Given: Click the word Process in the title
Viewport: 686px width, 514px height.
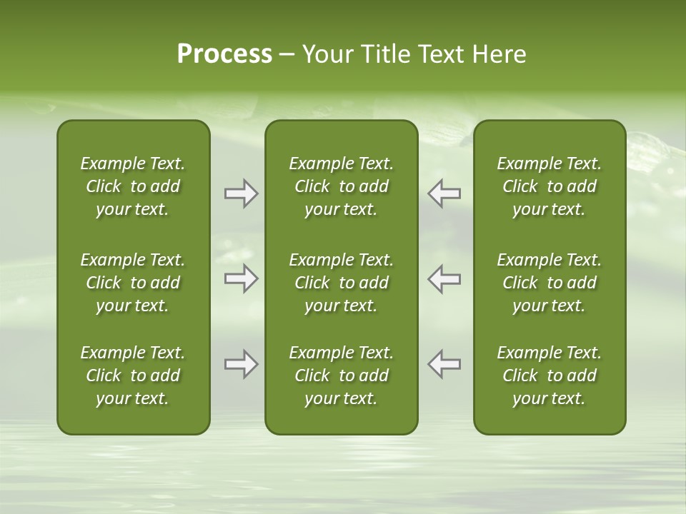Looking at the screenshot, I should (x=224, y=54).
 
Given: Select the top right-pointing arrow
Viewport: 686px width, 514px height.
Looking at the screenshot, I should (x=241, y=193).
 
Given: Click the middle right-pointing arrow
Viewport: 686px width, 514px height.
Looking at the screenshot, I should (x=241, y=278).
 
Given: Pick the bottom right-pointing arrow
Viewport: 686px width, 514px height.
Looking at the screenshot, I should (x=241, y=364).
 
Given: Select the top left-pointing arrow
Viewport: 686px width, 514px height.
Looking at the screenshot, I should (x=444, y=193).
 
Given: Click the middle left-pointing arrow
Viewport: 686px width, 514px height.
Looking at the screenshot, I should (x=444, y=278).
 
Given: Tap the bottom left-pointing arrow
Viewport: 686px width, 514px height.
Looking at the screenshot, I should (x=444, y=364).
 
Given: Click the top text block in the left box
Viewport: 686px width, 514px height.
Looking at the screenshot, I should (x=133, y=186).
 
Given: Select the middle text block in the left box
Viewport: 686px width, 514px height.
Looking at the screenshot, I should (x=133, y=283).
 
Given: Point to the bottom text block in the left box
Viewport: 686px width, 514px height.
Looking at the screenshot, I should (x=133, y=376).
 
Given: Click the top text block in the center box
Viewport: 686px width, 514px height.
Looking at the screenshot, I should (x=341, y=186).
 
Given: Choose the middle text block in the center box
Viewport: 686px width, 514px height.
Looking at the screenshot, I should (x=341, y=283).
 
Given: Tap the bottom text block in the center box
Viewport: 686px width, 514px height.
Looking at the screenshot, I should (x=341, y=376).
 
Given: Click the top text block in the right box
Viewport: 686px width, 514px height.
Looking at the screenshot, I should (x=549, y=186).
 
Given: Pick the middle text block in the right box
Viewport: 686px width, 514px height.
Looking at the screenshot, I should (x=549, y=283).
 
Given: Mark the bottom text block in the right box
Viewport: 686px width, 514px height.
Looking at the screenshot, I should (x=549, y=376).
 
